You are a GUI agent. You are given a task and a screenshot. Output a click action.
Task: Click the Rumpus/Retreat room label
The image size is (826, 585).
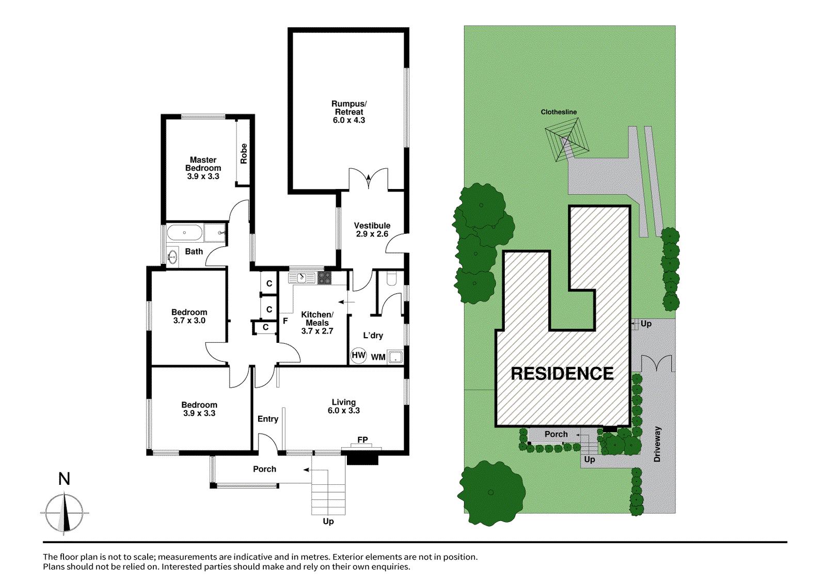coord(349,112)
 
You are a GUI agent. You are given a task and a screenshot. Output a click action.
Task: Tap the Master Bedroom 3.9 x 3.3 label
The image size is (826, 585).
coord(203,168)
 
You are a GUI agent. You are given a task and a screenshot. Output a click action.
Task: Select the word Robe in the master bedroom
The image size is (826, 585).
coord(244,154)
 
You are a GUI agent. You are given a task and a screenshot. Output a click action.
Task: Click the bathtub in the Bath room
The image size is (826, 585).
coord(184,232)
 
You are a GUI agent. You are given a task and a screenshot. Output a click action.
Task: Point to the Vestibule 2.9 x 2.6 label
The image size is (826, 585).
coord(372,229)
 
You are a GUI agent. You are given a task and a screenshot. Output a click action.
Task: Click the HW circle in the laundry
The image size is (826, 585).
coord(358,355)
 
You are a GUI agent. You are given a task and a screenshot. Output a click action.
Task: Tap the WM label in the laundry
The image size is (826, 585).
coord(378,357)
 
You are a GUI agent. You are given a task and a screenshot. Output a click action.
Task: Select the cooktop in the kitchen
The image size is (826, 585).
coord(324,278)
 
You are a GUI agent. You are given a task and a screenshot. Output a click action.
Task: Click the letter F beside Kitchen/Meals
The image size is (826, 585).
coord(285,321)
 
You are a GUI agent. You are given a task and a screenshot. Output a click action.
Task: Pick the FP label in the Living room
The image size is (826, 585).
coord(362,439)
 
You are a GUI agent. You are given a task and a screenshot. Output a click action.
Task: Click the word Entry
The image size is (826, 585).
coord(268,419)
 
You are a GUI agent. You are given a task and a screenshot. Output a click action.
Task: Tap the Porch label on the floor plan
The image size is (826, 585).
coord(264,469)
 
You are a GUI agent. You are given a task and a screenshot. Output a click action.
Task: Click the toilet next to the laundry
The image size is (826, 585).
coord(391,279)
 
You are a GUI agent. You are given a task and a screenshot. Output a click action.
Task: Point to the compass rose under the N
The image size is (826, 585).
coord(64,513)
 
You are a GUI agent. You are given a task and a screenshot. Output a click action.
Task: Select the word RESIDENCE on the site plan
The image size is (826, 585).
coord(562,373)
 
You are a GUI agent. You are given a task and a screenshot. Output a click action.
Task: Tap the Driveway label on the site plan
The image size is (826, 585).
coord(657,444)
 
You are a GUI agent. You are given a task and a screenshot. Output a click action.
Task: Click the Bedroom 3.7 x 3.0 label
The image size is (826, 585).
coord(189,316)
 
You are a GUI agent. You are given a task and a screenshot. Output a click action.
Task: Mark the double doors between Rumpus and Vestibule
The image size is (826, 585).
coord(369,179)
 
